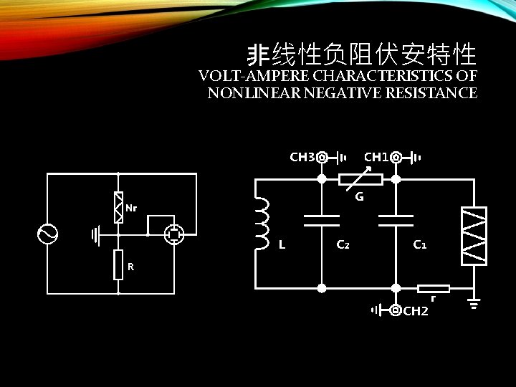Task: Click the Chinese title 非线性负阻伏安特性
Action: [361, 53]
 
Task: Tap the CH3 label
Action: [302, 156]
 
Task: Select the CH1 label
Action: [376, 156]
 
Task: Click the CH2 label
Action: [416, 311]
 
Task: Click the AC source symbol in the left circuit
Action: [47, 234]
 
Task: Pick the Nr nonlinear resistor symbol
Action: [118, 207]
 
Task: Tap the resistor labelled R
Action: [118, 264]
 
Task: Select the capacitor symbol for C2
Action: [322, 220]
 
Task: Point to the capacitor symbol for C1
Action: [396, 220]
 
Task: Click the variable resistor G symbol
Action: [360, 179]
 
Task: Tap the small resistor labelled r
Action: [433, 289]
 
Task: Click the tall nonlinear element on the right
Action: [474, 236]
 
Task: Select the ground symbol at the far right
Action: [474, 304]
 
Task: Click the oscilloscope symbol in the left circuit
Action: [174, 234]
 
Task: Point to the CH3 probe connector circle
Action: [322, 157]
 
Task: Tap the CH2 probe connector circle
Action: [396, 310]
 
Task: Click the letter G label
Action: [359, 196]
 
